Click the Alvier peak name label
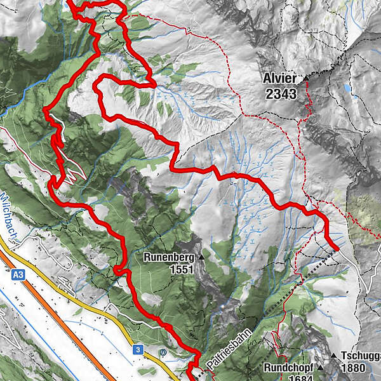[280, 79]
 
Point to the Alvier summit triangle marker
[306, 79]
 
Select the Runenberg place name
[168, 258]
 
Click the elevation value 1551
[181, 270]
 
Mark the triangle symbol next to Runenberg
[202, 257]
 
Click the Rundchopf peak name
[290, 368]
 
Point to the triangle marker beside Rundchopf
[321, 368]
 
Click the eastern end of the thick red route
[336, 248]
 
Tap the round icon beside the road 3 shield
[164, 351]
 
